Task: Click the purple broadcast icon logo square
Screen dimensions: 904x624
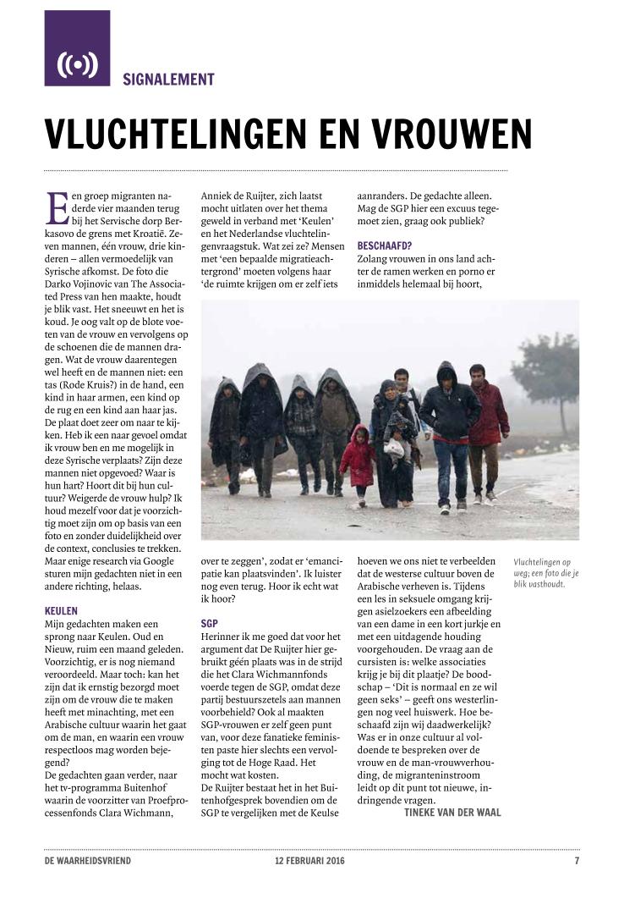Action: coord(77,48)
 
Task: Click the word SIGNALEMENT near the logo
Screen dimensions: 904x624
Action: coord(168,80)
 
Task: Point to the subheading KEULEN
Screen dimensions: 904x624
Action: coord(61,609)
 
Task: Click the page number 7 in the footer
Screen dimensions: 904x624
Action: coord(577,861)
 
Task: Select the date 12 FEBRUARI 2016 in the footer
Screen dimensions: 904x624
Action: coord(304,861)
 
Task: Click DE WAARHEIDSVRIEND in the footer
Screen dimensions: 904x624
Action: coord(88,861)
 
